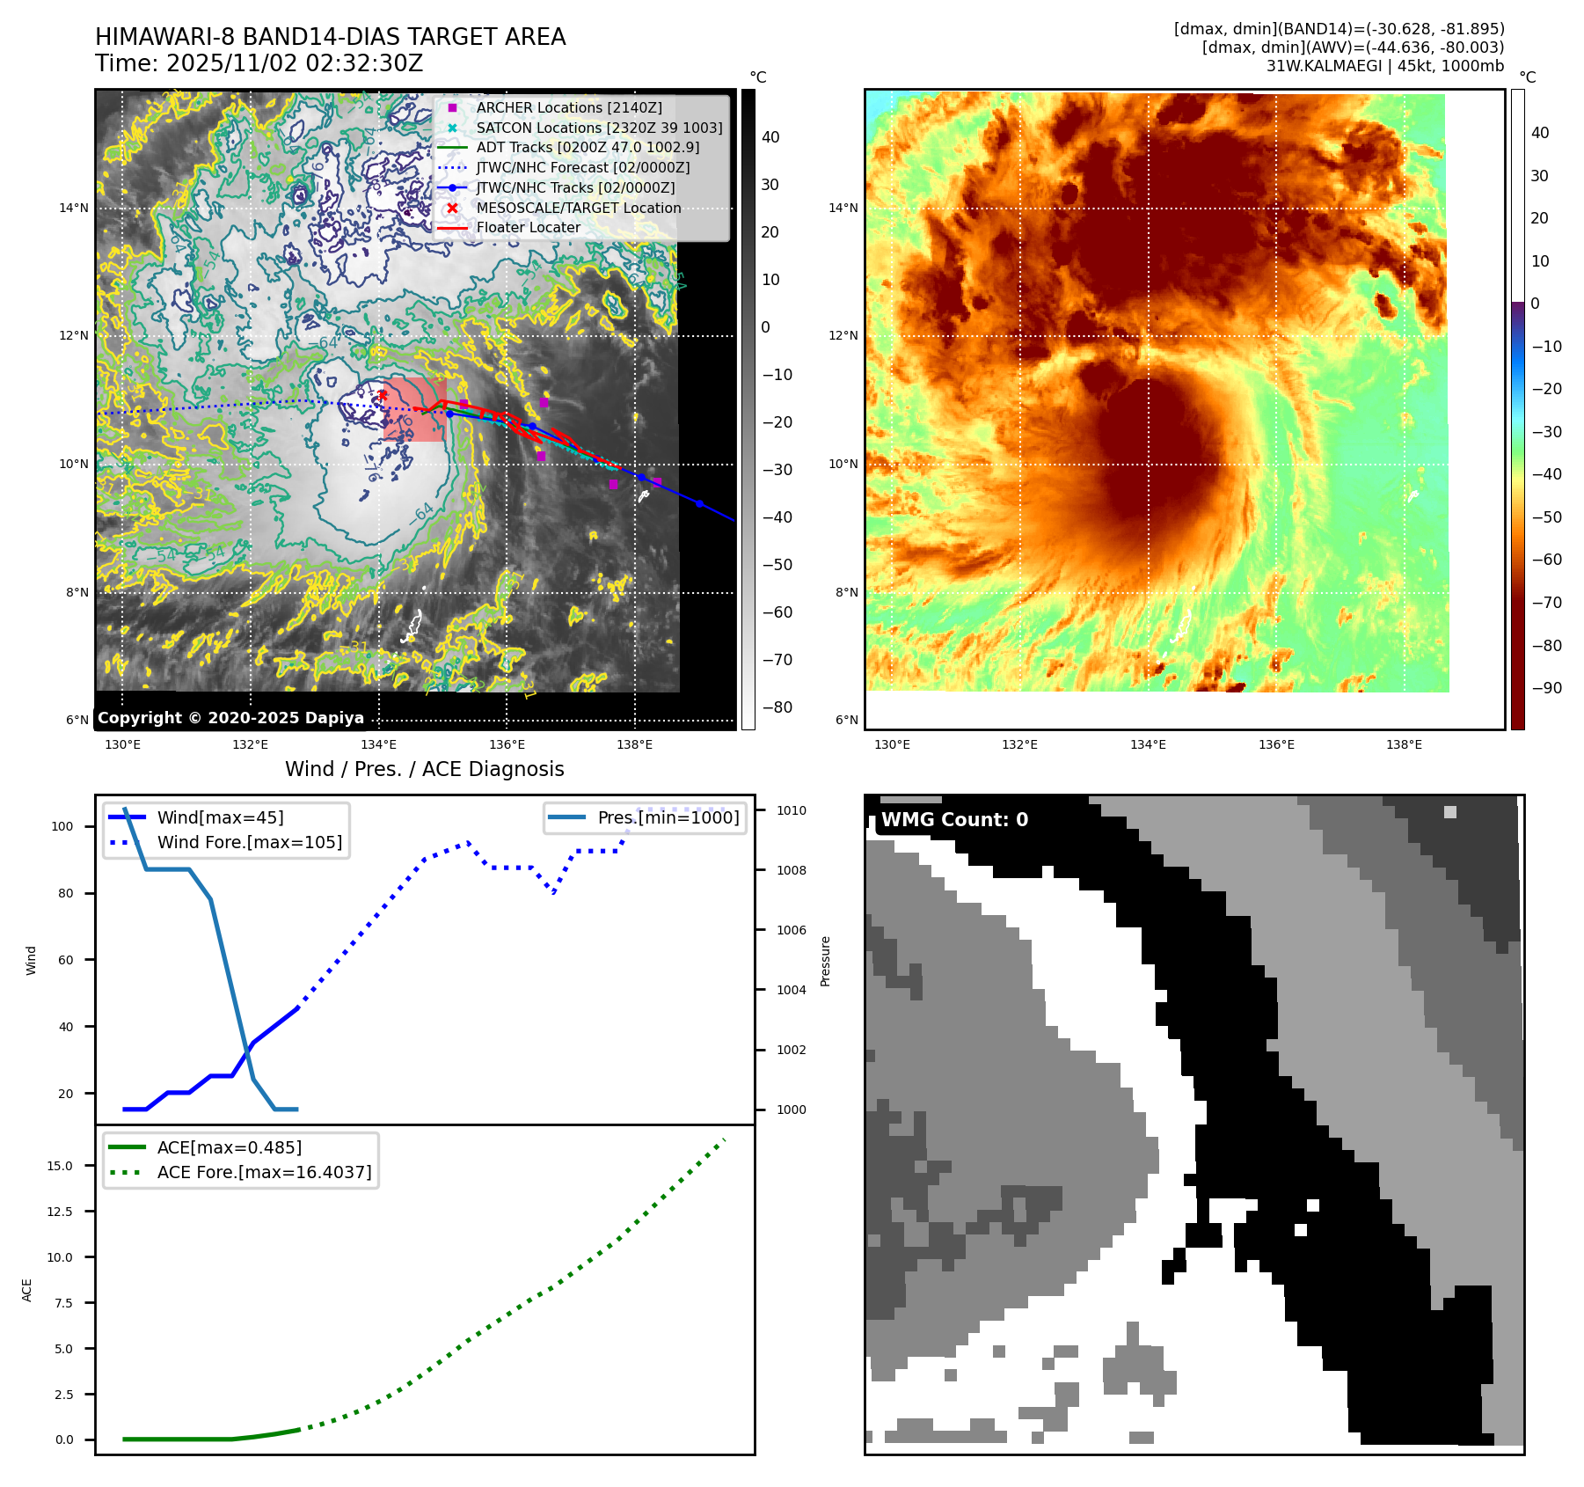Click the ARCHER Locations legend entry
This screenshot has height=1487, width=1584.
pyautogui.click(x=568, y=107)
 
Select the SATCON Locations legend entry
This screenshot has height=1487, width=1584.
pyautogui.click(x=598, y=128)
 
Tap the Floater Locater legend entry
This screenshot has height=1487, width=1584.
pyautogui.click(x=528, y=227)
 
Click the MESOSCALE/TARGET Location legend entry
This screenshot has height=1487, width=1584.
pyautogui.click(x=578, y=208)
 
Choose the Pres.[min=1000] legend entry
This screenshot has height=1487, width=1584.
pyautogui.click(x=668, y=817)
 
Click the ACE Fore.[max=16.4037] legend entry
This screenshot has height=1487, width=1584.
pyautogui.click(x=264, y=1172)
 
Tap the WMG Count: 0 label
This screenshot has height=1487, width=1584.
pyautogui.click(x=954, y=819)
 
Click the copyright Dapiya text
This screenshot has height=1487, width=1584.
pyautogui.click(x=230, y=717)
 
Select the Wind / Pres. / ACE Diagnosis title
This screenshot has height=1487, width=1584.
pyautogui.click(x=424, y=769)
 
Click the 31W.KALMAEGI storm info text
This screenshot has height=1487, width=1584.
pyautogui.click(x=1384, y=66)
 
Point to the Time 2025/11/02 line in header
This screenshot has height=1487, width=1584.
pyautogui.click(x=259, y=63)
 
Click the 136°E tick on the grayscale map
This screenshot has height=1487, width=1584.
pyautogui.click(x=507, y=744)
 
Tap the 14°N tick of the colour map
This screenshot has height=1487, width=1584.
pyautogui.click(x=843, y=208)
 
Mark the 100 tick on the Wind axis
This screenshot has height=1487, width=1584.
pyautogui.click(x=62, y=826)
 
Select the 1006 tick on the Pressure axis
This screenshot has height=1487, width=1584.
pyautogui.click(x=791, y=930)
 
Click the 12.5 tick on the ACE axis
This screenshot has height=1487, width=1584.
pyautogui.click(x=60, y=1212)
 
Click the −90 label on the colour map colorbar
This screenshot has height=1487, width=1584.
pyautogui.click(x=1546, y=687)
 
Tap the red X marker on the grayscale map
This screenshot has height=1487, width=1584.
pyautogui.click(x=382, y=395)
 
